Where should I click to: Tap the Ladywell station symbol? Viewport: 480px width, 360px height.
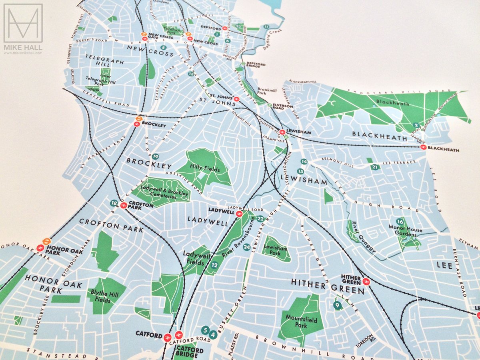pos(239,214)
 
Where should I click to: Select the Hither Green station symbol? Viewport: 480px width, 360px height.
pos(366,282)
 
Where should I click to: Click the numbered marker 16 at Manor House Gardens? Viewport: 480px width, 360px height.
pos(400,222)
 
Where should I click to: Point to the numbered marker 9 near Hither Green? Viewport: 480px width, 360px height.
pos(337,306)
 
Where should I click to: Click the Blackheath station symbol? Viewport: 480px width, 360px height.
pos(423,148)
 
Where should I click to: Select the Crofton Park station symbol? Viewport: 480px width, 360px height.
pos(124,205)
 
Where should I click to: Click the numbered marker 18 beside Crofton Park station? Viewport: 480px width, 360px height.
pos(114,203)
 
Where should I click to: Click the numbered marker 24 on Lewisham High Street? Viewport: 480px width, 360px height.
pos(246,247)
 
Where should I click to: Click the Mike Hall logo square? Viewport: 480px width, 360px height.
pos(23,23)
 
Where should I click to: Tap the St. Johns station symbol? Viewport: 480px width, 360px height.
pos(236,99)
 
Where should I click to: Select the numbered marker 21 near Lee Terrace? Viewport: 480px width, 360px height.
pos(374,167)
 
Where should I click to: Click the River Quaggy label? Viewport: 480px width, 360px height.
pos(362,238)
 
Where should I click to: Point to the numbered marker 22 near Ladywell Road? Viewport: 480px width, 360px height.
pos(260,219)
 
